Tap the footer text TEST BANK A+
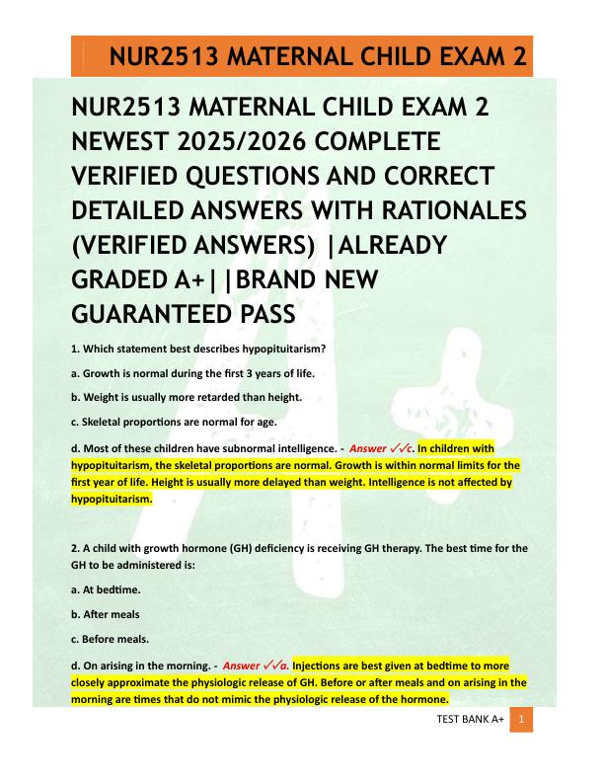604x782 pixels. pyautogui.click(x=470, y=721)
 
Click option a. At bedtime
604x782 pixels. pyautogui.click(x=107, y=588)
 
